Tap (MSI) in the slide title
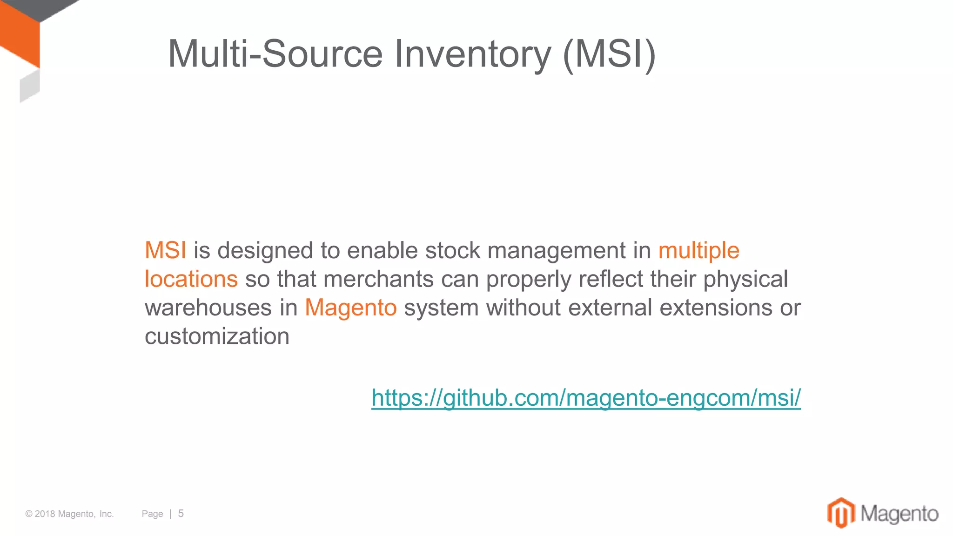(609, 54)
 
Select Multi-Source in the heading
(275, 54)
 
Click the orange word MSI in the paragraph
(166, 250)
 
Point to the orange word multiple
(698, 250)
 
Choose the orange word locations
(191, 279)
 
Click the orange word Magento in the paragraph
(350, 308)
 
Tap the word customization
(217, 336)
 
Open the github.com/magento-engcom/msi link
(586, 398)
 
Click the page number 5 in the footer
(181, 513)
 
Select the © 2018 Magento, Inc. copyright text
(69, 514)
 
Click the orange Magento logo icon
(841, 513)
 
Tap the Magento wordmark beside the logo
(899, 514)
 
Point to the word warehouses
(208, 308)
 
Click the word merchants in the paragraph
(379, 279)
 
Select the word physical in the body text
(745, 279)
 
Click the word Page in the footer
(152, 514)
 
